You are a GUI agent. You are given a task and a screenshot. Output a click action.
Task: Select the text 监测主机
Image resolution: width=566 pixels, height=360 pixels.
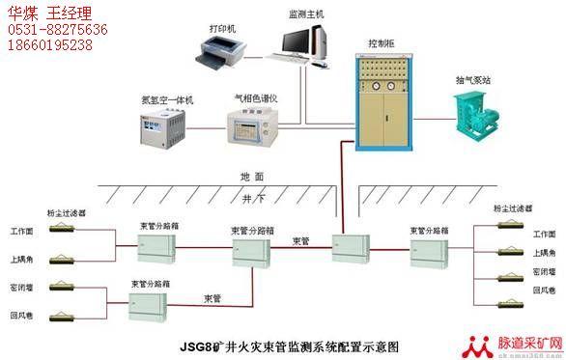[307, 14]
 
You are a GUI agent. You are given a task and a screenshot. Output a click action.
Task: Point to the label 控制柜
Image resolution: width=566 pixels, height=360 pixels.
[382, 43]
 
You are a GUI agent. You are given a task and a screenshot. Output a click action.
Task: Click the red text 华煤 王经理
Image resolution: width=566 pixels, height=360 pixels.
[47, 14]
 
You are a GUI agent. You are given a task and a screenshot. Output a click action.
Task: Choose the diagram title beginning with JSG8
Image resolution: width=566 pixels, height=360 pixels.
[289, 342]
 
